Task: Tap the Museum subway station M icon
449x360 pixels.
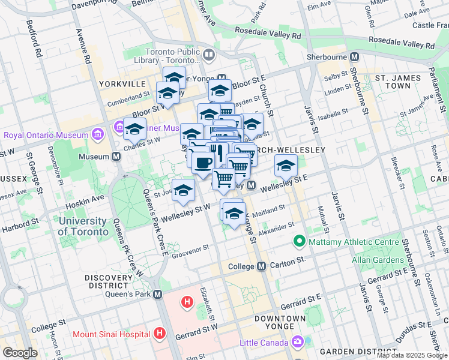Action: [x=116, y=157]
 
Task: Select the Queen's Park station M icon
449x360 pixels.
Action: [x=157, y=295]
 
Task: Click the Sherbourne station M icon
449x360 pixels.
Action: [x=354, y=57]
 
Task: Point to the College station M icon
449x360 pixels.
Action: [x=261, y=266]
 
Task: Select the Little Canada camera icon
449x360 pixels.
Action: [x=298, y=343]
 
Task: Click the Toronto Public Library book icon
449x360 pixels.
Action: [x=209, y=56]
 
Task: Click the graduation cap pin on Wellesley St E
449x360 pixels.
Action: [x=286, y=166]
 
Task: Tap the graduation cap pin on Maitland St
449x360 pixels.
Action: [x=234, y=214]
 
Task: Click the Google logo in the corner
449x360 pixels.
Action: [x=20, y=353]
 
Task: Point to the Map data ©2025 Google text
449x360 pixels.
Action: [x=412, y=355]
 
